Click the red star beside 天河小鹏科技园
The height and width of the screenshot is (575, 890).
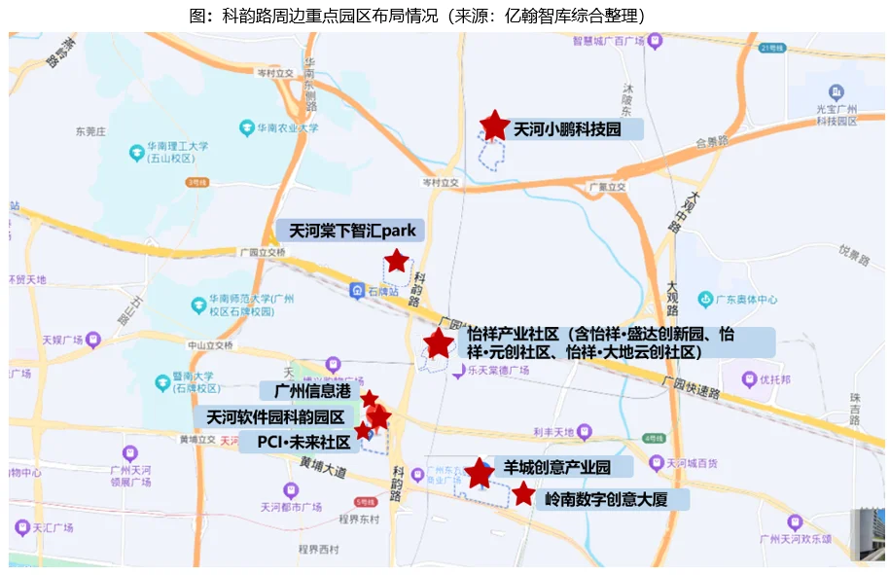(x=495, y=125)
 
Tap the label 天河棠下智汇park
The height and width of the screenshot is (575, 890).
(x=351, y=232)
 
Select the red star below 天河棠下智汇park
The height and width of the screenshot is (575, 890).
(x=396, y=261)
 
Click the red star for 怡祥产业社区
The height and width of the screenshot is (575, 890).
(x=439, y=342)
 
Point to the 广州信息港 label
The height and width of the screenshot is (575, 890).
(x=310, y=391)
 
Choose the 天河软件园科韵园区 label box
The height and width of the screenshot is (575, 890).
(x=276, y=417)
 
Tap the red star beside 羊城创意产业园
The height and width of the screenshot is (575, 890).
(x=479, y=473)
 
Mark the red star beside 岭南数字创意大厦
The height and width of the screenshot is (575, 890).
(x=523, y=494)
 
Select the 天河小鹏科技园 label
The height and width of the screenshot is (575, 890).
(x=566, y=129)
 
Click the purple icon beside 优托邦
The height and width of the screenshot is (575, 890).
(x=749, y=379)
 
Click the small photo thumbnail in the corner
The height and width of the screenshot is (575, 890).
(x=868, y=534)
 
